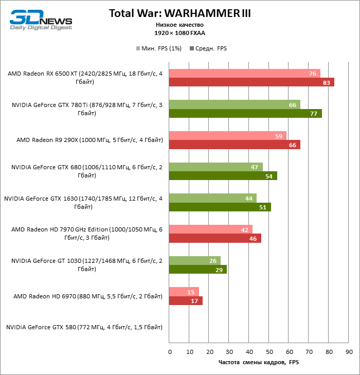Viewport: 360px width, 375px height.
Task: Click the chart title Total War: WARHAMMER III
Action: pyautogui.click(x=180, y=13)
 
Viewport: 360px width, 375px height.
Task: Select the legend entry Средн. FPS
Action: pyautogui.click(x=208, y=48)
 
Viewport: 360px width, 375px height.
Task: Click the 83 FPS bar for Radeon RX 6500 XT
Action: pyautogui.click(x=251, y=82)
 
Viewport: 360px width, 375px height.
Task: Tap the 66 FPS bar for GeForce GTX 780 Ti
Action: pyautogui.click(x=235, y=104)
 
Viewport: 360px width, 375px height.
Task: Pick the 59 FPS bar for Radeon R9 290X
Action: pyautogui.click(x=228, y=136)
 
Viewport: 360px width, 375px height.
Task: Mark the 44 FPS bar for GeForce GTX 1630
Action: pyautogui.click(x=213, y=198)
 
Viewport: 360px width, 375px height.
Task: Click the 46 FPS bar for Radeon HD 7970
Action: pyautogui.click(x=215, y=238)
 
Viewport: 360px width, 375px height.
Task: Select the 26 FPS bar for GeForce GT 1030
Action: pyautogui.click(x=195, y=261)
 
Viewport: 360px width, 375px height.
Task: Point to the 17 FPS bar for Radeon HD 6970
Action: pyautogui.click(x=186, y=301)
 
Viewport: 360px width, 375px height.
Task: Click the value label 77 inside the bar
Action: pyautogui.click(x=313, y=114)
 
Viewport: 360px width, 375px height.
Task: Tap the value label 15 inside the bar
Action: pyautogui.click(x=190, y=292)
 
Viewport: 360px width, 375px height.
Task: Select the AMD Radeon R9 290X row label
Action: pyautogui.click(x=89, y=139)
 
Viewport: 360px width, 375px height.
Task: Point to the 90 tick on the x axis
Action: pyautogui.click(x=349, y=352)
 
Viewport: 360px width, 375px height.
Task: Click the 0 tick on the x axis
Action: pyautogui.click(x=170, y=352)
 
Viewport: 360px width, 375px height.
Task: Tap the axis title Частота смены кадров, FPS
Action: pyautogui.click(x=259, y=363)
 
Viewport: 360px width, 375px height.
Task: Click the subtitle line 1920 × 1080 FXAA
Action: pyautogui.click(x=179, y=33)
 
